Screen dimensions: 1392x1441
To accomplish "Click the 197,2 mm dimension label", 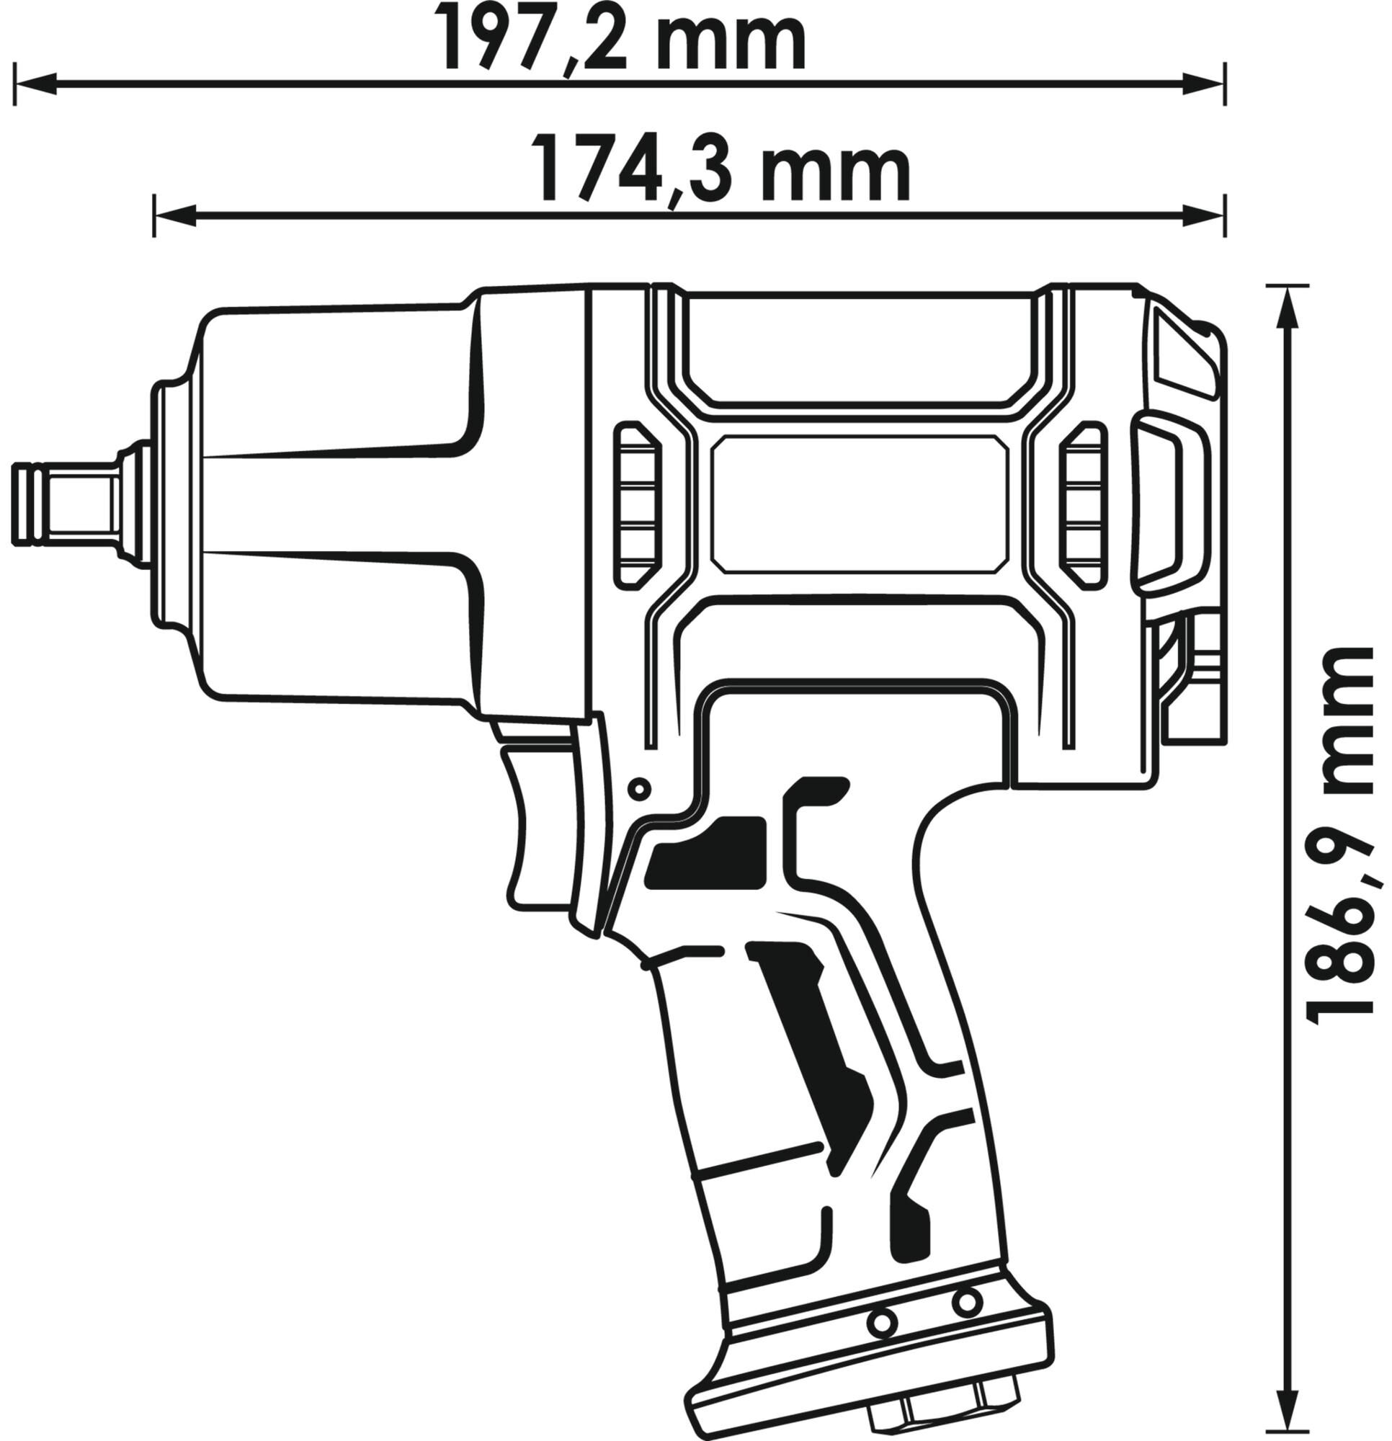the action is pyautogui.click(x=621, y=36).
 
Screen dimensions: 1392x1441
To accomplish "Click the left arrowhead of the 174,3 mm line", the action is pyautogui.click(x=175, y=215).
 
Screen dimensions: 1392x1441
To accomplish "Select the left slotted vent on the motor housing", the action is pyautogui.click(x=637, y=505).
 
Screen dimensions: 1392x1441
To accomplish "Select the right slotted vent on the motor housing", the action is pyautogui.click(x=1083, y=505).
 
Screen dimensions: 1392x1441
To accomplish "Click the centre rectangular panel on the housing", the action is pyautogui.click(x=859, y=504).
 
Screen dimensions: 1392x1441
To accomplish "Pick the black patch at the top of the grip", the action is pyautogui.click(x=707, y=852).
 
